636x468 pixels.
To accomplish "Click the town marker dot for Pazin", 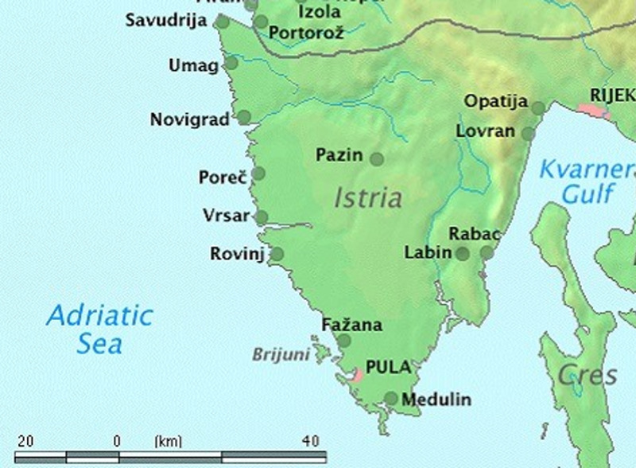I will pos(377,159).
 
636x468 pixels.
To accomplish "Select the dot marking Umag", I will pos(231,63).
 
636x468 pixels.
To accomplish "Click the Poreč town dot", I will pos(258,174).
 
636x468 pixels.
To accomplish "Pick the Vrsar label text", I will pos(226,216).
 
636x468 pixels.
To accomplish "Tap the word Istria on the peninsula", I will pos(368,197).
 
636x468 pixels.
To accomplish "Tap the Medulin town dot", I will pos(391,398).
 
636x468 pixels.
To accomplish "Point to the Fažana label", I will pos(351,325).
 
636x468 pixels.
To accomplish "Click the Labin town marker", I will pos(462,254).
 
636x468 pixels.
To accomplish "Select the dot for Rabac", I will pos(487,253).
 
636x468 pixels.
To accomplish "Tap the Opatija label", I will pos(496,101).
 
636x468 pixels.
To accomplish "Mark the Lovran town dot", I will pos(528,133).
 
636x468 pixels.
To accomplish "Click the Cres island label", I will pos(587,375).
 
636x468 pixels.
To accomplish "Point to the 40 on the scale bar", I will pos(310,440).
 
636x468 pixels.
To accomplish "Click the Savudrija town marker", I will pos(223,22).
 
